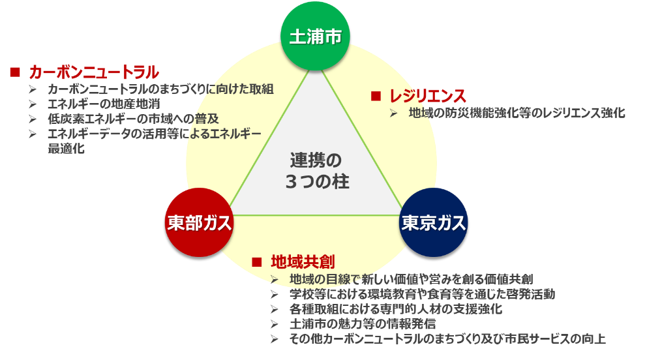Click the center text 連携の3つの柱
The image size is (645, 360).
pos(316,171)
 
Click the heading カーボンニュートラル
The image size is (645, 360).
pos(94,72)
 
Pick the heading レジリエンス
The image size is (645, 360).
pos(427,96)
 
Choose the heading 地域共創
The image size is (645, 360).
pos(303,262)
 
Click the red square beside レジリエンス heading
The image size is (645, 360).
pos(375,96)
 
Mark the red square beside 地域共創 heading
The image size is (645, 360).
pos(256,262)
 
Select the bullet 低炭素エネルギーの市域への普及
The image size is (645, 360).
pos(133,119)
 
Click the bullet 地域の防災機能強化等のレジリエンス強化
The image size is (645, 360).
pos(517,113)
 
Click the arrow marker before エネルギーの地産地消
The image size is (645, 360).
pos(33,104)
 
